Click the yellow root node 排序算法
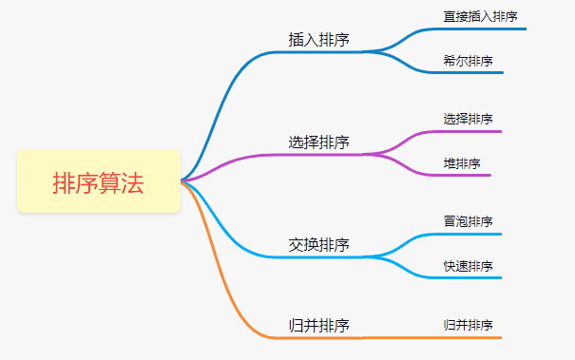[99, 181]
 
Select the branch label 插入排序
[318, 40]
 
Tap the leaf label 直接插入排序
[480, 16]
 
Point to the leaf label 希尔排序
[468, 61]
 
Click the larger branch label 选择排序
[318, 142]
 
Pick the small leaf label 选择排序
[468, 119]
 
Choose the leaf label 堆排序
[461, 163]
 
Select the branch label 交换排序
[318, 245]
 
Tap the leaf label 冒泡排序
[468, 222]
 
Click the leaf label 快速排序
[468, 266]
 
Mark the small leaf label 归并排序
[468, 325]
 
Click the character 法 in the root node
[133, 182]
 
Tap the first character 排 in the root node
[64, 182]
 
